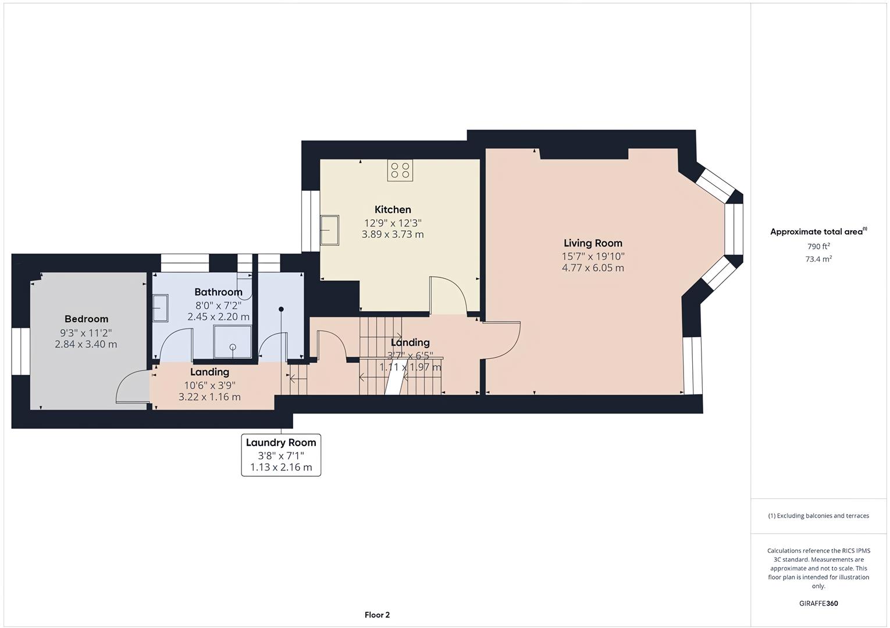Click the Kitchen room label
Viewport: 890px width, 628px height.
tap(393, 209)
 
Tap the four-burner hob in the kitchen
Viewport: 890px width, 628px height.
tap(400, 170)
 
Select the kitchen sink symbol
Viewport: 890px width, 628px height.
tap(329, 230)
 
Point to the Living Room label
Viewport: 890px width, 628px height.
tap(593, 243)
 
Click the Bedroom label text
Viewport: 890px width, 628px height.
tap(86, 319)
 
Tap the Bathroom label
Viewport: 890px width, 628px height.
tap(218, 292)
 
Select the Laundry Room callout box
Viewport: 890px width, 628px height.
tap(281, 455)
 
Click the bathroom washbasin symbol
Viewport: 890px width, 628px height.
tap(161, 308)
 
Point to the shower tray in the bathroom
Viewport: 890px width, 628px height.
tap(233, 342)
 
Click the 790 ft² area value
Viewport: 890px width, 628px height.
tap(818, 247)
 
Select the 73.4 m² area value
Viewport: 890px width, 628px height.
tap(818, 259)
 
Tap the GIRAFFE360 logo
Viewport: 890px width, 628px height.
tap(818, 604)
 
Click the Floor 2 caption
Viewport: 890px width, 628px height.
tap(377, 615)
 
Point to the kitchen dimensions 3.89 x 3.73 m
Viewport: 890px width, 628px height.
tap(393, 234)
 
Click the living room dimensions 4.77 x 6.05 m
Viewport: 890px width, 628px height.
tap(593, 268)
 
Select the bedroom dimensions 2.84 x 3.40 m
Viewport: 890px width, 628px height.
tap(86, 344)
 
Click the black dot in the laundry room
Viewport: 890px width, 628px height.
tap(281, 309)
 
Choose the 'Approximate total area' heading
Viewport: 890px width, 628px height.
tap(818, 231)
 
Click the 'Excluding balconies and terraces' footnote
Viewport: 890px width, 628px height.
tap(818, 516)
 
